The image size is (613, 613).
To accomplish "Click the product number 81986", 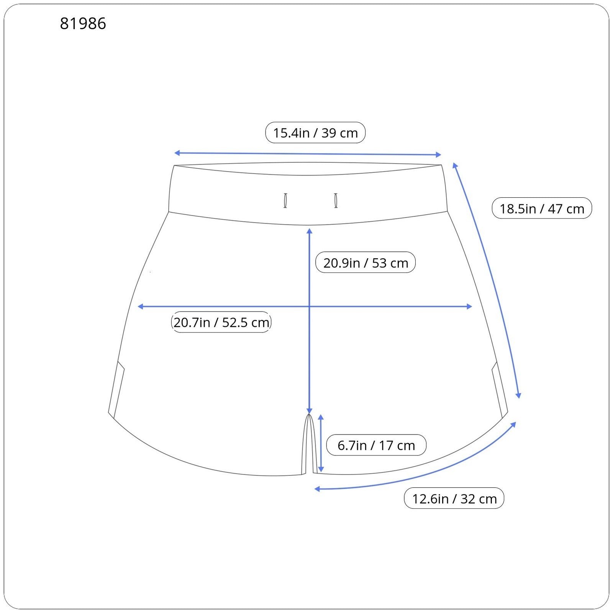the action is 83,24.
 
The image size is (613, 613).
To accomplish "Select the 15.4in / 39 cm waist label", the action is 315,133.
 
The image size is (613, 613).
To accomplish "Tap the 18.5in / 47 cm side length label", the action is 542,208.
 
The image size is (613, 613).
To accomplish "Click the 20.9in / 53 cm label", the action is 366,262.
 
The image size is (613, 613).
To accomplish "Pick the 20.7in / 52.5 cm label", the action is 221,322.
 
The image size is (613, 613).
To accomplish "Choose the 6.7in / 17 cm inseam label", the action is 376,445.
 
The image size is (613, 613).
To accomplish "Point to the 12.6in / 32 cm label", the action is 454,498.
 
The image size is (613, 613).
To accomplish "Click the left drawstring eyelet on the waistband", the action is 285,201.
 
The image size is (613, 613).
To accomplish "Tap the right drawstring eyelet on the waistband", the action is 336,200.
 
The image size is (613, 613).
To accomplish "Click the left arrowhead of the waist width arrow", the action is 177,153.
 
